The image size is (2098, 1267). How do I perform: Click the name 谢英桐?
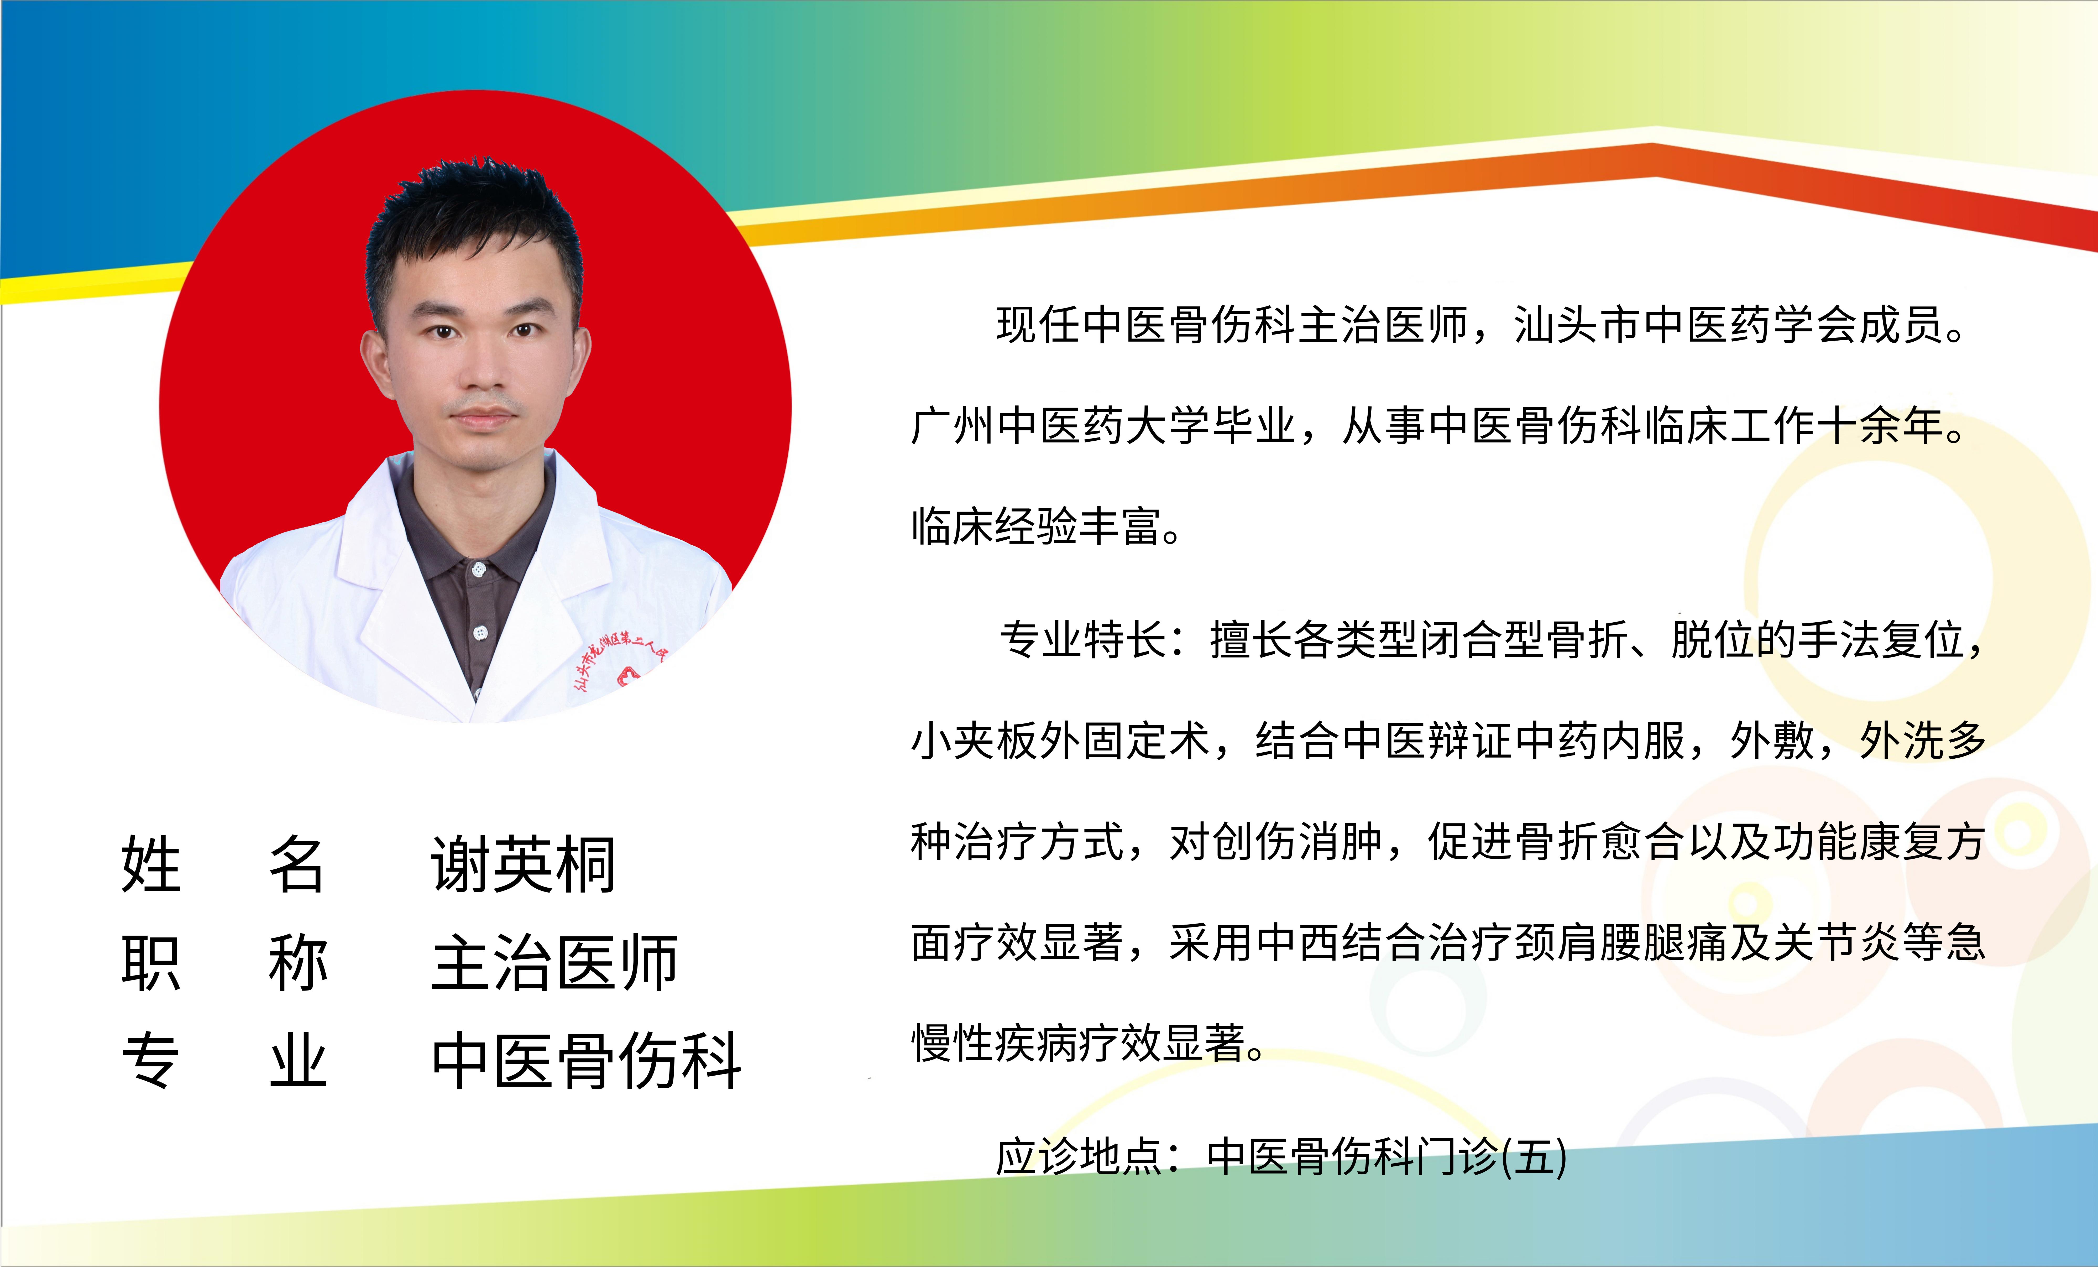tap(523, 864)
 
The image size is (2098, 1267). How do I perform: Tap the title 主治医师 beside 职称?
tap(554, 963)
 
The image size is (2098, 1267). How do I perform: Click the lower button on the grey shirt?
tap(480, 633)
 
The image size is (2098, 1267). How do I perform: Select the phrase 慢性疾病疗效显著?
tap(1079, 1043)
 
